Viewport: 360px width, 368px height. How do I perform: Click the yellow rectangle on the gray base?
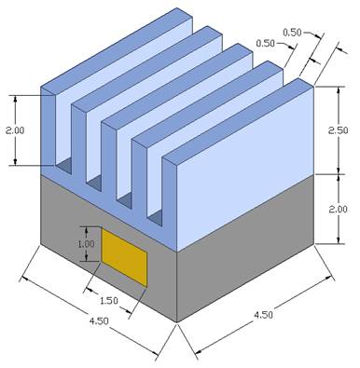click(124, 257)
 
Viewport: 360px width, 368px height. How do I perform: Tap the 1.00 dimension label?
click(86, 244)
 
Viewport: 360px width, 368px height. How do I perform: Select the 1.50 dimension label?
click(109, 301)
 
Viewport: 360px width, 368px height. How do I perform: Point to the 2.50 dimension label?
click(339, 130)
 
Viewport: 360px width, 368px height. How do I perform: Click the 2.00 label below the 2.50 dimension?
click(339, 209)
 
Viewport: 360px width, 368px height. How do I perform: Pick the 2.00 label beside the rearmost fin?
click(15, 130)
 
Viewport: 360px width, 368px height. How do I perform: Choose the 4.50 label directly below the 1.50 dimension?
click(99, 320)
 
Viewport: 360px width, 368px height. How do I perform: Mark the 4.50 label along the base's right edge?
click(263, 315)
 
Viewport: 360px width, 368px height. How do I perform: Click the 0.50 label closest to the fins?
click(266, 43)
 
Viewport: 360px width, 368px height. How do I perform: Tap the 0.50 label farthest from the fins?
click(293, 33)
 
